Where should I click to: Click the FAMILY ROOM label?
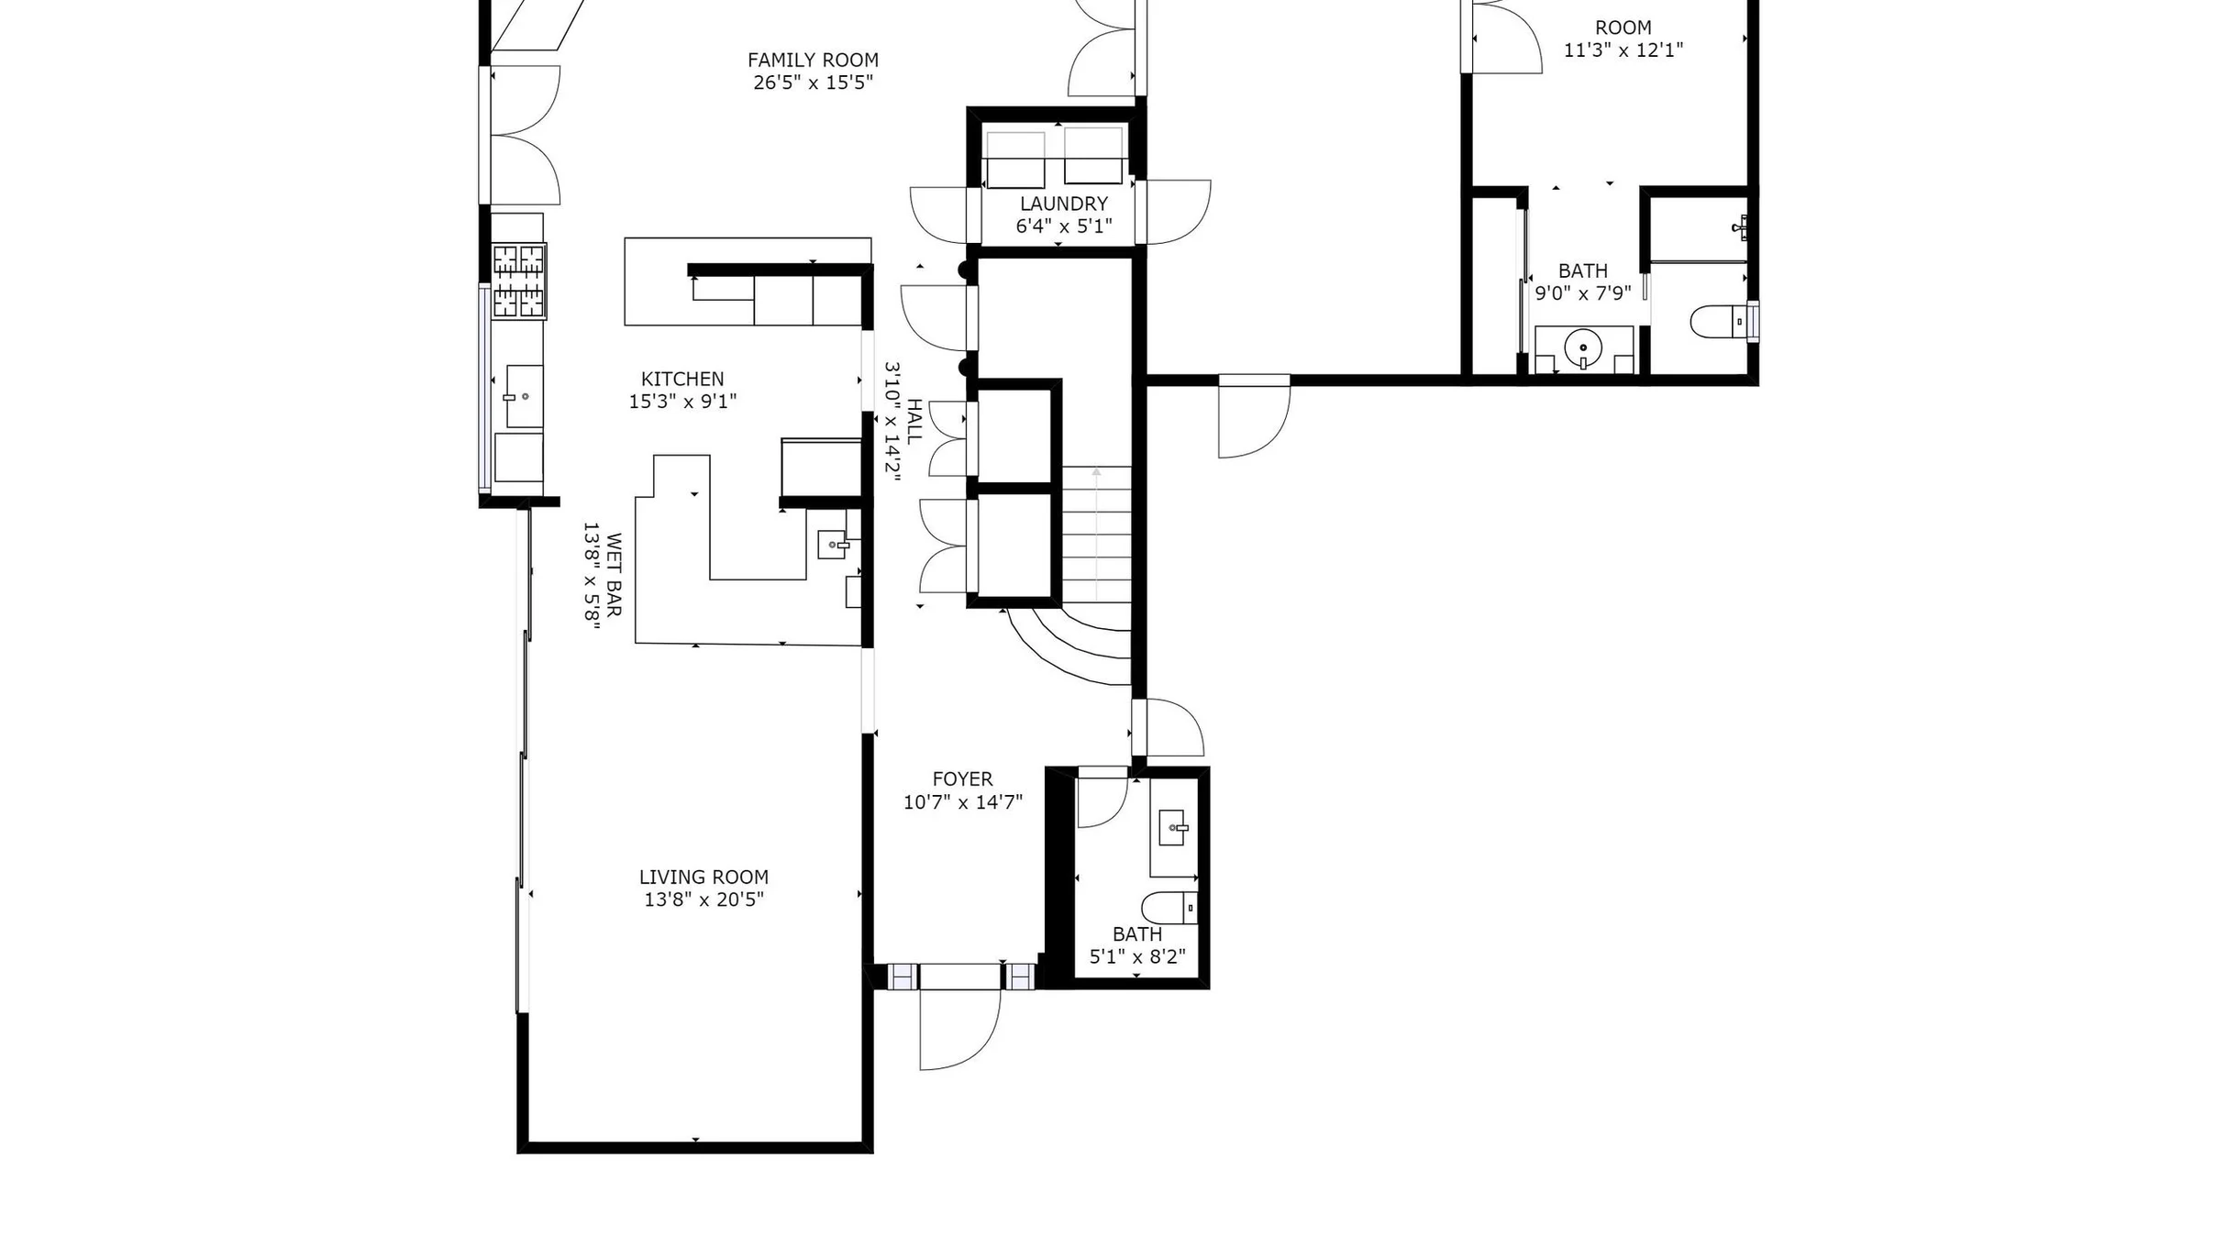(813, 61)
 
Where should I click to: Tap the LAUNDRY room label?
(1064, 204)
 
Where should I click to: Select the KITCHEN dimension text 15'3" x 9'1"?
(682, 402)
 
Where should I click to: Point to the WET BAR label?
(614, 575)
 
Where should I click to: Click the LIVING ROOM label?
(704, 877)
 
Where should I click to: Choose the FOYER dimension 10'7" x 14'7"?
(962, 802)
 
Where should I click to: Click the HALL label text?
(914, 422)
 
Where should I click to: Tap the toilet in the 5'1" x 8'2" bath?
(1169, 908)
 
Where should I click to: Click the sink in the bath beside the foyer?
(1173, 828)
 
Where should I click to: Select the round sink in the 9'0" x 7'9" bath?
(1583, 348)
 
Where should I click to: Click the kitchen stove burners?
(519, 281)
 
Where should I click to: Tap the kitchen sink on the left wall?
(521, 397)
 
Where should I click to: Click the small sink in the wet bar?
(833, 545)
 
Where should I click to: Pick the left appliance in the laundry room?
(1015, 160)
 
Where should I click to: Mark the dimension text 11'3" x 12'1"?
(1623, 50)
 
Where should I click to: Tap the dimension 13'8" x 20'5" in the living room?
(704, 899)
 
